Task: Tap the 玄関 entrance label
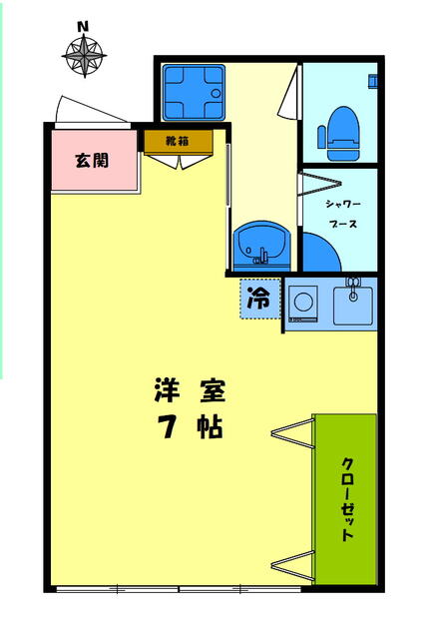pos(92,160)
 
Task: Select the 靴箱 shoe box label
pos(178,141)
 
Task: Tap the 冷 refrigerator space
pos(257,298)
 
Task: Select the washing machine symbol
pos(305,301)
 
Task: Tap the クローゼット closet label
pos(347,499)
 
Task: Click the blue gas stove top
pos(193,91)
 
